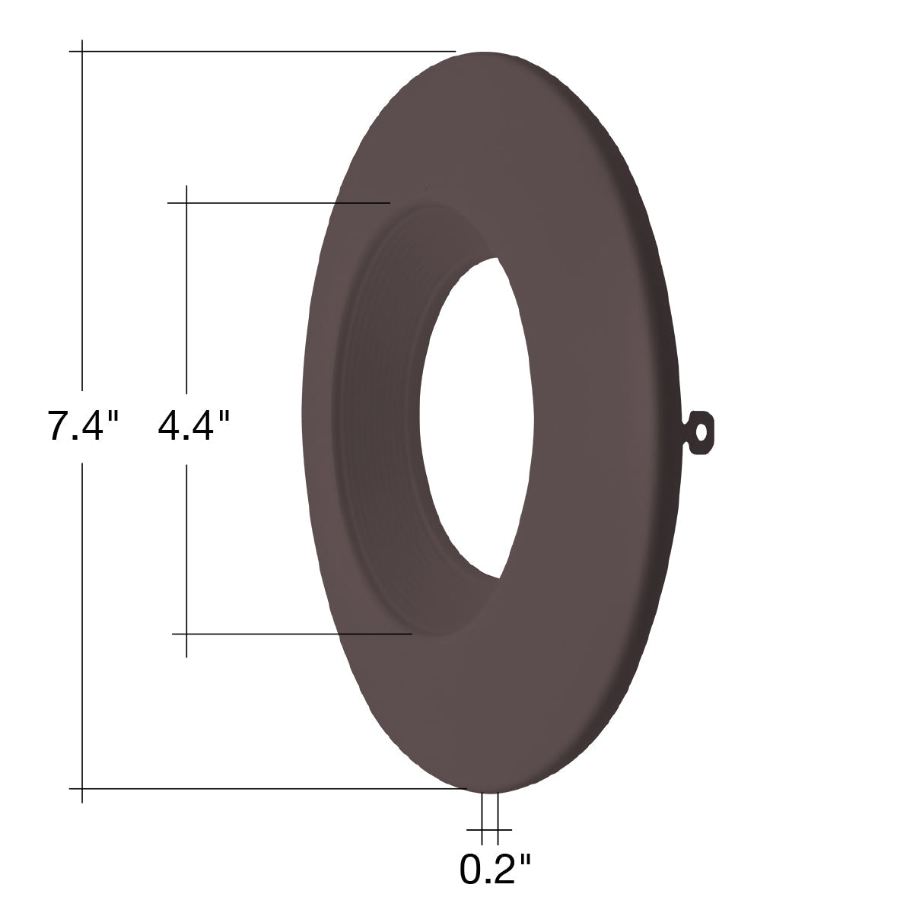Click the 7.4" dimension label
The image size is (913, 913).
pos(82,426)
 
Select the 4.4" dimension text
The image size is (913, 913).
pos(194,426)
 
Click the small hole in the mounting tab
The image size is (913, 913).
pos(701,432)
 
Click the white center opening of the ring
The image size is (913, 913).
pos(476,418)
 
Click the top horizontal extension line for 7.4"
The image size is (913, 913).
pos(262,51)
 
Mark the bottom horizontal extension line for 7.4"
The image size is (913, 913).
pos(268,789)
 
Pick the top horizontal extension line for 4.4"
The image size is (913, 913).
pos(279,203)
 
